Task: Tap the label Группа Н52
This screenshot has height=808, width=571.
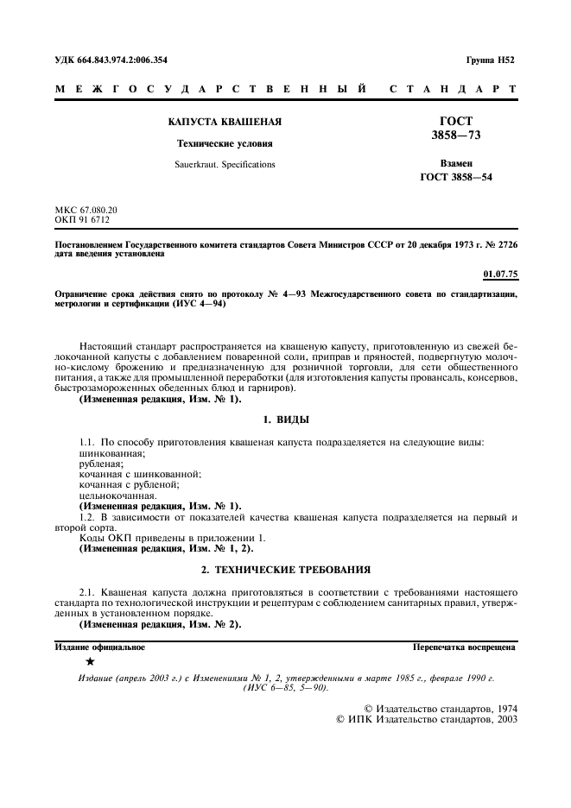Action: coord(491,60)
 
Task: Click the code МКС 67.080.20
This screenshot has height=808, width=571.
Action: coord(86,211)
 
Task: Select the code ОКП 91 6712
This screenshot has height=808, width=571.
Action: coord(83,220)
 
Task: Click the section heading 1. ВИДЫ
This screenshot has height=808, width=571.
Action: coord(285,420)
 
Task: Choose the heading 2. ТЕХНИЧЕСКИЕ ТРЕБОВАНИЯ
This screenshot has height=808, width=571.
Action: coord(285,570)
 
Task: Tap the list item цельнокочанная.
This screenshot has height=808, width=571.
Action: coord(117,496)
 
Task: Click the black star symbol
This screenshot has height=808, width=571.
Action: coord(91,662)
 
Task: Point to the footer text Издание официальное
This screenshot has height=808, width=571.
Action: coord(100,646)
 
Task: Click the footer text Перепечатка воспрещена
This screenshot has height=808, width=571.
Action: coord(465,646)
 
